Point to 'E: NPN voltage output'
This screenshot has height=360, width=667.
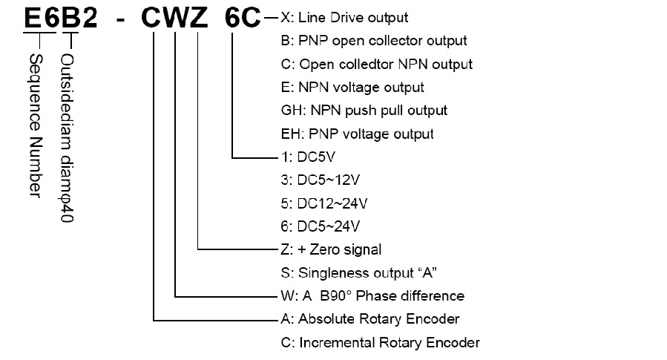tap(351, 88)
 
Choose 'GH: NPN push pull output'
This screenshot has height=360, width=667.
tap(363, 111)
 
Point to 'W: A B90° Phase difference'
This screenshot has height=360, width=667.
tap(370, 296)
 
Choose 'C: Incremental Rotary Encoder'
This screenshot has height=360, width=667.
tap(378, 343)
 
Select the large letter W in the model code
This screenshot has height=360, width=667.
tap(176, 19)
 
